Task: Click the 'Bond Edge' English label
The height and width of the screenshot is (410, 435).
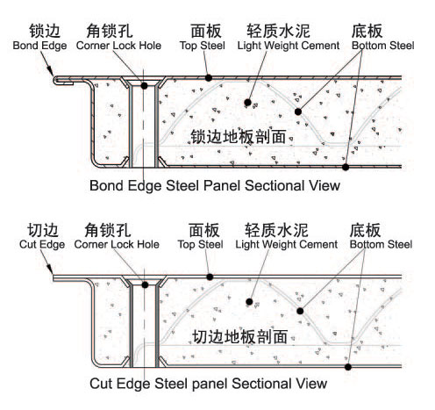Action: tap(39, 46)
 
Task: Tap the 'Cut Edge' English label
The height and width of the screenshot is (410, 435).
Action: tap(42, 244)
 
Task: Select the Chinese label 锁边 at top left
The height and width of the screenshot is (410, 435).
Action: tap(45, 31)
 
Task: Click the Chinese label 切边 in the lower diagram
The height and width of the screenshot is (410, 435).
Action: tap(43, 230)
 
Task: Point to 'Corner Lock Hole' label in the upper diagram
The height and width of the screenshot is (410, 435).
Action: tap(118, 46)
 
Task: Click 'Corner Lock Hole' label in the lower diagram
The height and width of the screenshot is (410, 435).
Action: tap(117, 244)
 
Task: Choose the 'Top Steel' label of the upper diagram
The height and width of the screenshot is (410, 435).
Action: tap(203, 46)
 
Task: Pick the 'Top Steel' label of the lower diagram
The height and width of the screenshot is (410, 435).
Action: tap(201, 244)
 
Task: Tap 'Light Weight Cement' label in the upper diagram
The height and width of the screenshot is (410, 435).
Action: tap(289, 46)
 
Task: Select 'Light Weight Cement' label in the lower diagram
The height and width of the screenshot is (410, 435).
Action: tap(287, 244)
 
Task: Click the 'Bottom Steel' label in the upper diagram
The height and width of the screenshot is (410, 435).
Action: tap(383, 46)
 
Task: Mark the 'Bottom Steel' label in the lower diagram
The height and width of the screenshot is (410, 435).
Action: tap(381, 244)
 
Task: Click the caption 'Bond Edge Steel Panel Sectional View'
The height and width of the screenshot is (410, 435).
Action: tap(215, 185)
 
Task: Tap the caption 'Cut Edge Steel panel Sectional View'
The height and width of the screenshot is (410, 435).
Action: tap(208, 384)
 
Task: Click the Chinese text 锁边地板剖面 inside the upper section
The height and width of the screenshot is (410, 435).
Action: tap(239, 137)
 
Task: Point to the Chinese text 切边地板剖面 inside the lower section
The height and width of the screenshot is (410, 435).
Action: tap(240, 336)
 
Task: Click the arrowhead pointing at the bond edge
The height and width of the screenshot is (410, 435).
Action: tap(50, 71)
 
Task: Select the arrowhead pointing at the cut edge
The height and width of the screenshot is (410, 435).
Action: tap(50, 270)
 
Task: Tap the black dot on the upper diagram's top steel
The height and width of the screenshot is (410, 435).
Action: tap(209, 78)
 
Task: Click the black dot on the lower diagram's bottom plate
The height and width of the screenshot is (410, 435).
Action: tap(348, 367)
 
